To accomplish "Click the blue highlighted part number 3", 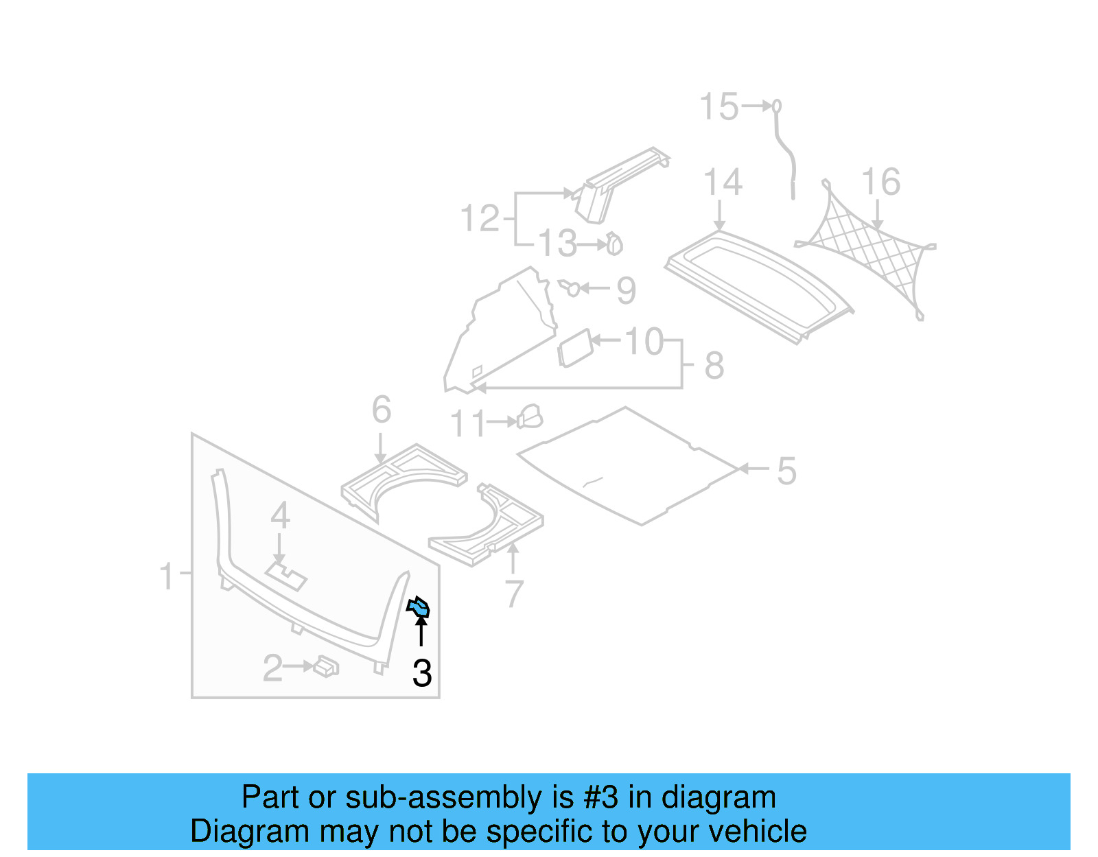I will [x=418, y=607].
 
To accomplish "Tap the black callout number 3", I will [x=422, y=673].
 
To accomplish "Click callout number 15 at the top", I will [x=719, y=107].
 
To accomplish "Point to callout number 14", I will [x=723, y=183].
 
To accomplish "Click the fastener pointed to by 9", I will [x=571, y=287].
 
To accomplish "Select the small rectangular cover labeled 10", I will [x=575, y=348].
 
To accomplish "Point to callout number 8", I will [x=714, y=366].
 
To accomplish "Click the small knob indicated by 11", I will [x=530, y=416].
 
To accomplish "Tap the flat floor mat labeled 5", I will [x=628, y=467].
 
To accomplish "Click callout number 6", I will [x=382, y=410].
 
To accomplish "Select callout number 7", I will [x=514, y=594].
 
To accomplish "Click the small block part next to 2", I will [x=327, y=666].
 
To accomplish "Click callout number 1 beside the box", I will [x=167, y=576].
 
